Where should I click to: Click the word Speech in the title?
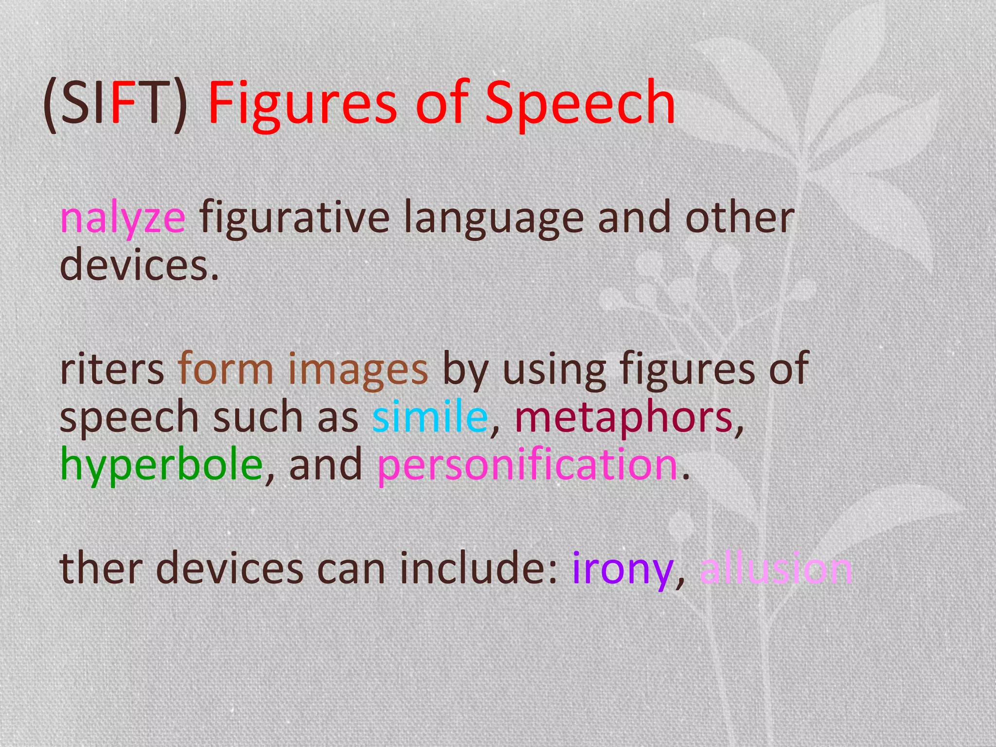point(580,103)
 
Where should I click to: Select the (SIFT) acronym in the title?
point(116,103)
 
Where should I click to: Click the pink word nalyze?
point(123,217)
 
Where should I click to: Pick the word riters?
point(112,369)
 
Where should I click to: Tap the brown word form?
point(226,369)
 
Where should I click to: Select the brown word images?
point(358,369)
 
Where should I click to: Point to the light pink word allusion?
point(776,568)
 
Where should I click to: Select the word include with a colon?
point(479,568)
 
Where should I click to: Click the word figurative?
point(294,217)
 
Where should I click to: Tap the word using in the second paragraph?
point(554,369)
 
